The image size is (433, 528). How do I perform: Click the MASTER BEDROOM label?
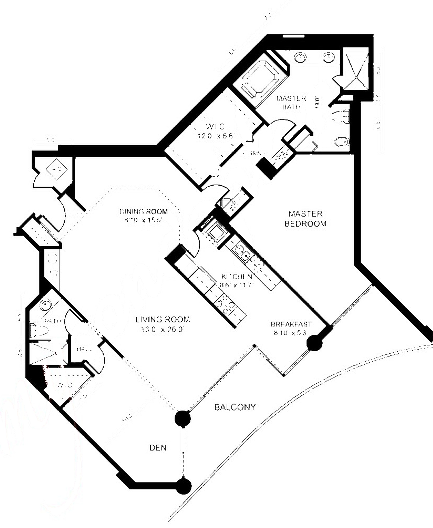305,219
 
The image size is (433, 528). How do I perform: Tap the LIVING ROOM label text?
163,319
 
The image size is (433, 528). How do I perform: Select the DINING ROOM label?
143,212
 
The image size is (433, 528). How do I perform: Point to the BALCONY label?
235,407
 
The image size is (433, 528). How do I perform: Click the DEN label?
158,448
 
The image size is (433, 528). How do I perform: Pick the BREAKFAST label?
291,324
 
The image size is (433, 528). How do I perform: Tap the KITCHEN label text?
237,277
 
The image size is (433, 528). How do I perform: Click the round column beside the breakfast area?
314,343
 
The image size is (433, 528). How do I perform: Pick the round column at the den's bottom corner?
183,486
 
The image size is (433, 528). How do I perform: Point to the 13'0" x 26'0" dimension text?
163,329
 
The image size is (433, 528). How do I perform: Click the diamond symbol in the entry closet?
57,168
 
